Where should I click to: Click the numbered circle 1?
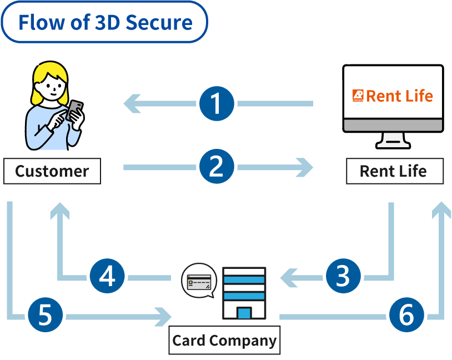(x=217, y=103)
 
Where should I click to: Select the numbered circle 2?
(x=217, y=167)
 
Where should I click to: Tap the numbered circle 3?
(x=343, y=276)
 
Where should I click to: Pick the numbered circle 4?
(x=107, y=276)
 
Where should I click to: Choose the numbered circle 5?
(x=45, y=317)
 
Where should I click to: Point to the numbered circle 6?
(x=406, y=317)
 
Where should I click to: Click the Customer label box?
(x=52, y=171)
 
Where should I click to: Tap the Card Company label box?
(x=224, y=340)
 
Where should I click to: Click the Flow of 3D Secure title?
(x=105, y=22)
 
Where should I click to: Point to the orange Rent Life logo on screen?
(x=393, y=96)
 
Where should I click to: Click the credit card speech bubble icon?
(x=199, y=281)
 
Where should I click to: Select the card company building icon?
(x=244, y=293)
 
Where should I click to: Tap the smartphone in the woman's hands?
(x=74, y=109)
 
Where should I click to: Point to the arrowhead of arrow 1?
(x=131, y=103)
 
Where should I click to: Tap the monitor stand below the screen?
(x=393, y=139)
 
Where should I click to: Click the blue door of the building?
(x=244, y=312)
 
